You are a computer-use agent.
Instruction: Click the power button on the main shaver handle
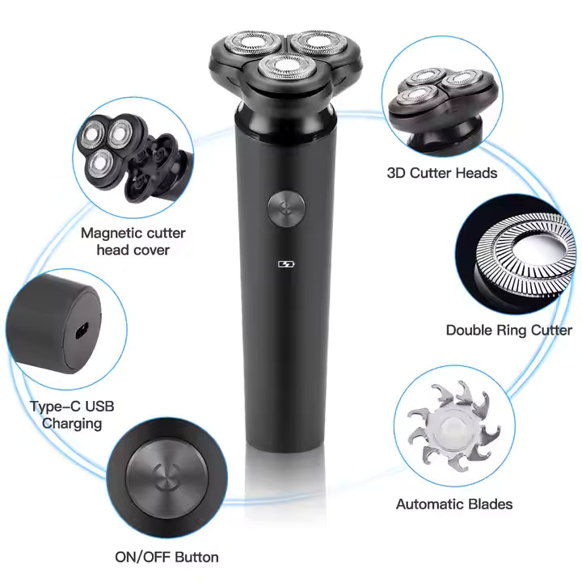(286, 209)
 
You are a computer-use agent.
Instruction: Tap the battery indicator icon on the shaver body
(286, 264)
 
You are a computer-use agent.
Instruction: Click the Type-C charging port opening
(82, 331)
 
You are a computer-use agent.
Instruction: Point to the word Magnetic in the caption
(108, 234)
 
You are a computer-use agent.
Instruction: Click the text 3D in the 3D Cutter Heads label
(396, 173)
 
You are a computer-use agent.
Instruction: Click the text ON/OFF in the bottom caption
(142, 557)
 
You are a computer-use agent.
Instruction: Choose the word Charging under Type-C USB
(72, 424)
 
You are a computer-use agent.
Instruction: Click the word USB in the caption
(99, 407)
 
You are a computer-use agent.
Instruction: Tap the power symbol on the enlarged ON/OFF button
(166, 476)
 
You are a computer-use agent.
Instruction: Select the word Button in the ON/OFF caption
(196, 557)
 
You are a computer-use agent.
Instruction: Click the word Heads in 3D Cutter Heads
(476, 173)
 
